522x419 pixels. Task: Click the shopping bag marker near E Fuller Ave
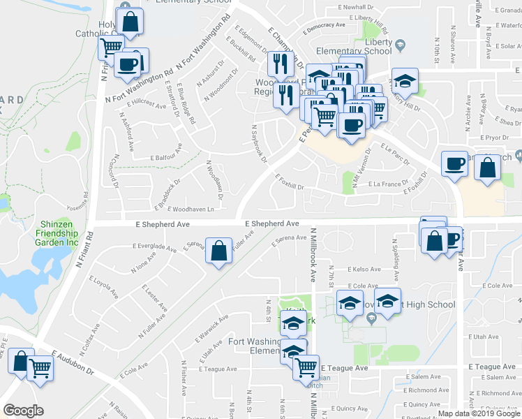(219, 251)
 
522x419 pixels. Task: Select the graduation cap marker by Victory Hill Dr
(405, 80)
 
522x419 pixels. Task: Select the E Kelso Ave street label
(366, 269)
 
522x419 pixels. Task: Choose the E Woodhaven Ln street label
(179, 208)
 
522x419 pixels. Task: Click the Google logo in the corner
(24, 411)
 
